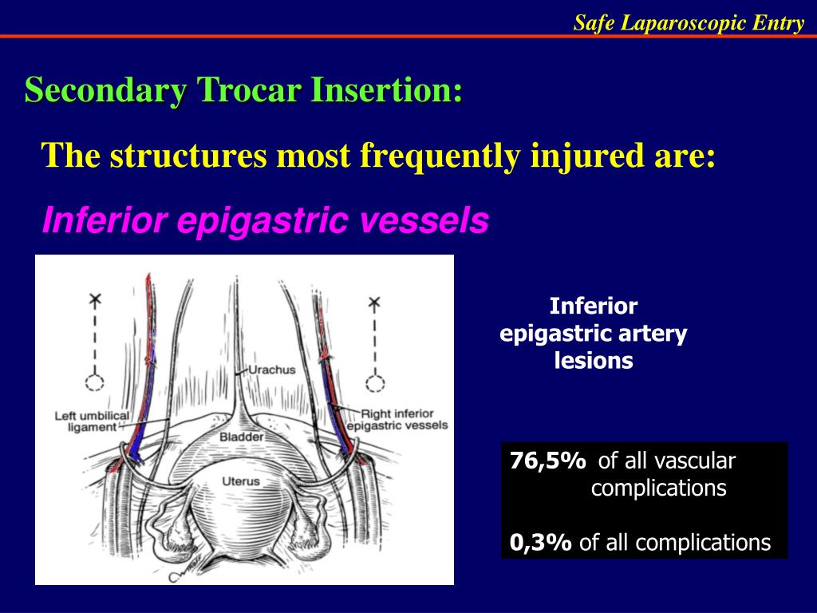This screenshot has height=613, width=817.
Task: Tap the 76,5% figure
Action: click(547, 461)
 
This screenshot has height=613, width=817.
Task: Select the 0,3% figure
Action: click(541, 544)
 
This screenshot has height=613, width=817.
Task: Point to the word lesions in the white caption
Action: click(594, 361)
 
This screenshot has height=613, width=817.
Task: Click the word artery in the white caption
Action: click(652, 334)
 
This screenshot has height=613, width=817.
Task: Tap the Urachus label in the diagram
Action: click(271, 370)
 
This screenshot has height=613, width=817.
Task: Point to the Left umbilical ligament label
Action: click(85, 421)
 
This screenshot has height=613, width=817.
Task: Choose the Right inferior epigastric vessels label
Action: click(404, 420)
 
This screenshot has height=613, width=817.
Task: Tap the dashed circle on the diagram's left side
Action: click(95, 382)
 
